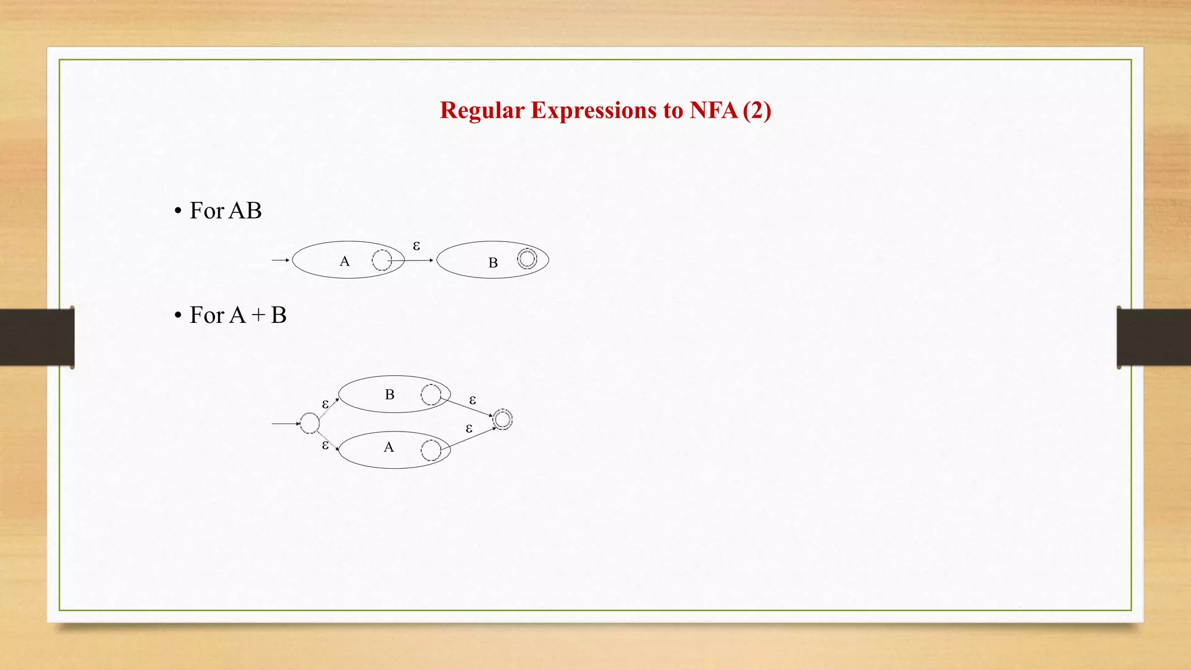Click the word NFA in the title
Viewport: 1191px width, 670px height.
click(713, 111)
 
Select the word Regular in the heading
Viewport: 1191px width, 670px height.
click(482, 111)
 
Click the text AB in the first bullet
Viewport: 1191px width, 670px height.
click(245, 211)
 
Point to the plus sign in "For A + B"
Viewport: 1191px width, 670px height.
click(258, 316)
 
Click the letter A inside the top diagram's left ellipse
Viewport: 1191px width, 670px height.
click(345, 262)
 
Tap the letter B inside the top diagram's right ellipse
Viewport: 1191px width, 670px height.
click(493, 263)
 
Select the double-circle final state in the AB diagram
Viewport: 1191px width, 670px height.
click(527, 259)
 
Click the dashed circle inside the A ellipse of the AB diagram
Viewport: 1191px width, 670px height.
click(381, 260)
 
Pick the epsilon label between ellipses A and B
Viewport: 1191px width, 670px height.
click(416, 246)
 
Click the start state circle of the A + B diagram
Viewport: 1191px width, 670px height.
click(309, 423)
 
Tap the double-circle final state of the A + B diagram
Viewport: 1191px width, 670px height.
click(502, 419)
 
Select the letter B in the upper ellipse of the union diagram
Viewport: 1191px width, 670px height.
click(390, 394)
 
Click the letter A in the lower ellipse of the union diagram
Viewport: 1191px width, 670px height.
click(389, 447)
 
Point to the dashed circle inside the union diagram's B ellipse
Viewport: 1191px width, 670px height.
click(431, 394)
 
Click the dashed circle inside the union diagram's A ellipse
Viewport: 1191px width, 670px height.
click(431, 450)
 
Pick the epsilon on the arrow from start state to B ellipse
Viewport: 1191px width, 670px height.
click(326, 404)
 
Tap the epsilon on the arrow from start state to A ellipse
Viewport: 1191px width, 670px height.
click(326, 445)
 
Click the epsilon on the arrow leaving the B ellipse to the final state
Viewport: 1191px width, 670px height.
click(473, 400)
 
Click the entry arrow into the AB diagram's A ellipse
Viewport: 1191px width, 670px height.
click(280, 260)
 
